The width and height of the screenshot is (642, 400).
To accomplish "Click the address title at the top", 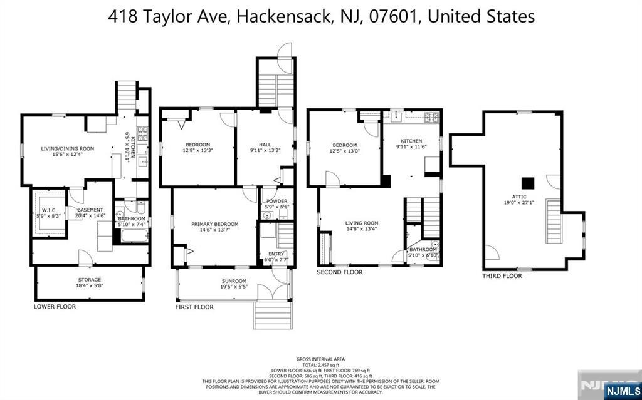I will (321, 16).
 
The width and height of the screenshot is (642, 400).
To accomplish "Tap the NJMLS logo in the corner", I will (621, 391).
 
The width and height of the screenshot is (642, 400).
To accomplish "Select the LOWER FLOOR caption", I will (55, 307).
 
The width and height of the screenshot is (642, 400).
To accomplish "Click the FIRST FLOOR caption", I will (194, 307).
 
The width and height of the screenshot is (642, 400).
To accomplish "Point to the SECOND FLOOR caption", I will (339, 272).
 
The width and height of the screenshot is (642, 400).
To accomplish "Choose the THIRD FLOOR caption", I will (502, 275).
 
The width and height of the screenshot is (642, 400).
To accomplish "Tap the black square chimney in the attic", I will (530, 182).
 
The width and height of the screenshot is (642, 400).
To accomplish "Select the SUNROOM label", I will (233, 281).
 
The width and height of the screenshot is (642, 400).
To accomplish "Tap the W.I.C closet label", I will (49, 210).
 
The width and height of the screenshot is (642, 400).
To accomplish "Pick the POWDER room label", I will (276, 201).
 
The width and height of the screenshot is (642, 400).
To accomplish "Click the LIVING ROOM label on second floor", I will (362, 223).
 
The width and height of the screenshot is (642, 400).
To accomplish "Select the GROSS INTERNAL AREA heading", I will (320, 359).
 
